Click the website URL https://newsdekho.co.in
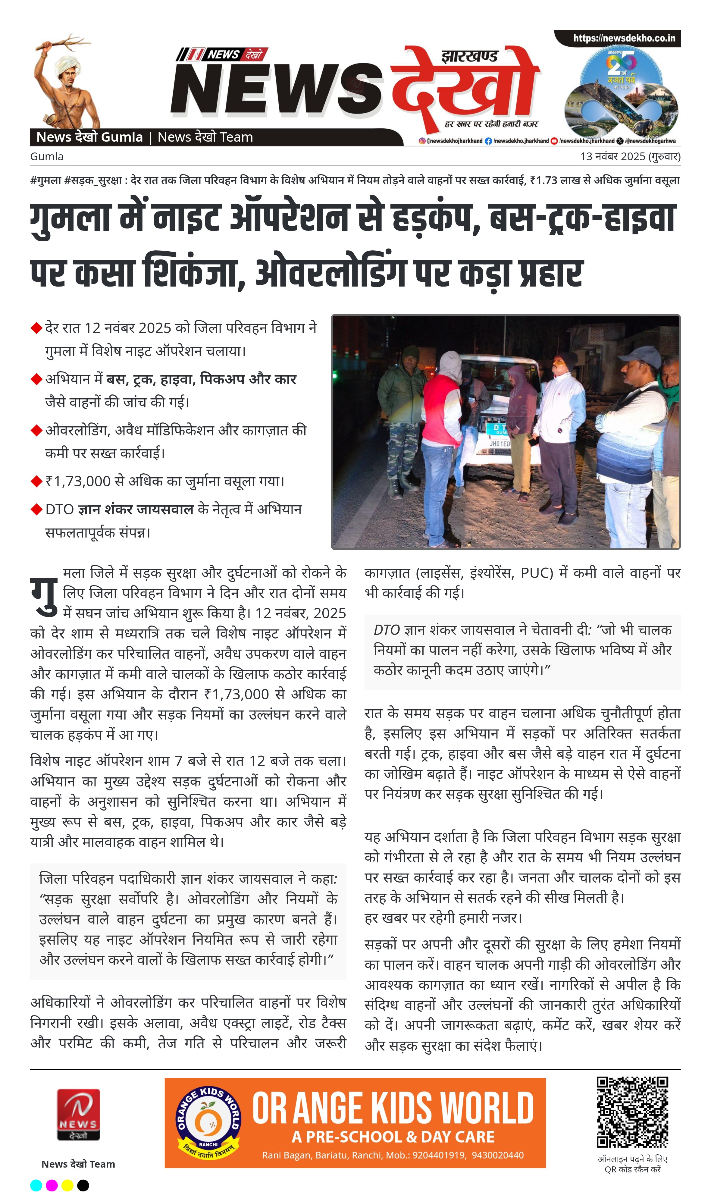(x=624, y=38)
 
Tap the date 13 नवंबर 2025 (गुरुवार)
(x=630, y=157)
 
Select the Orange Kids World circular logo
(x=208, y=1122)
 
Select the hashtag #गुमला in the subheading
(x=45, y=180)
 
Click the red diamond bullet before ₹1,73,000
(x=36, y=481)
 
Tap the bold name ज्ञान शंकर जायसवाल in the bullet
(x=136, y=509)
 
